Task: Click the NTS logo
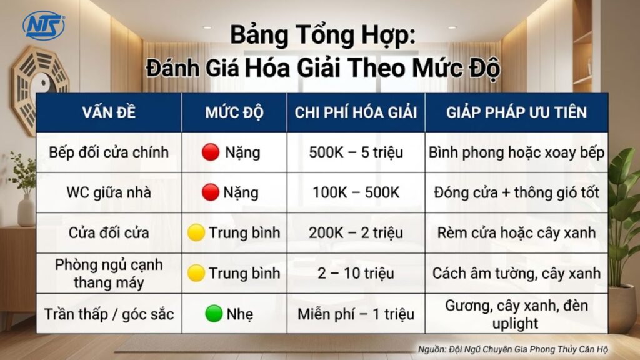[x=43, y=25]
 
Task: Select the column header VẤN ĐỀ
[x=109, y=112]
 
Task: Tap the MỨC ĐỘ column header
[x=234, y=112]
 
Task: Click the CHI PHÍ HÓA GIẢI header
[x=356, y=112]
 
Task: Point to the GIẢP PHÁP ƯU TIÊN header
[x=516, y=112]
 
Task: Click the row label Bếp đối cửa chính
[x=109, y=152]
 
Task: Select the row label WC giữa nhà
[x=109, y=192]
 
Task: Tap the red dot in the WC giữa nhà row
[x=211, y=192]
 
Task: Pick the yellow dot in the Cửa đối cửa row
[x=197, y=233]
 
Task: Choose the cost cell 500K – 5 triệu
[x=356, y=152]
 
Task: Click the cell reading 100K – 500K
[x=356, y=192]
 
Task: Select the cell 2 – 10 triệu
[x=356, y=273]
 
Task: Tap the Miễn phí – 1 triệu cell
[x=356, y=314]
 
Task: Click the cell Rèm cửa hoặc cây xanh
[x=516, y=233]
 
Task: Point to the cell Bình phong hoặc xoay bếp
[x=516, y=152]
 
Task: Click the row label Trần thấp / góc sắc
[x=109, y=314]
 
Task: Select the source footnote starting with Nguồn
[x=512, y=349]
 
